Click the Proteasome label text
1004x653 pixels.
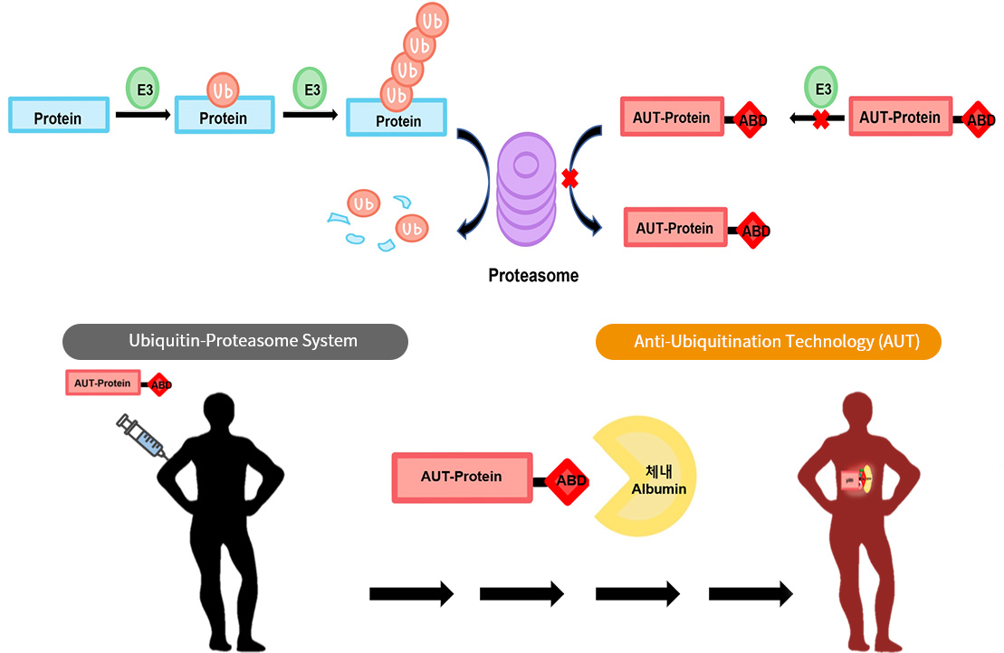pyautogui.click(x=533, y=275)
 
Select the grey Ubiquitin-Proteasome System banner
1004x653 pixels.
pyautogui.click(x=235, y=341)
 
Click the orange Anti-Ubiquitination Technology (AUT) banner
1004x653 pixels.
pyautogui.click(x=768, y=341)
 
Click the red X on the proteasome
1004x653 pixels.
pyautogui.click(x=569, y=179)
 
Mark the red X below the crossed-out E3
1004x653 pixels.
pyautogui.click(x=820, y=118)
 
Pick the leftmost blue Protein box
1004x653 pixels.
pyautogui.click(x=59, y=116)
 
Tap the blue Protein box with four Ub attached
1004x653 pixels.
pyautogui.click(x=397, y=118)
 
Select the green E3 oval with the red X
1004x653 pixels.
pyautogui.click(x=822, y=89)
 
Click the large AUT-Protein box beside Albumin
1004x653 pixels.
pyautogui.click(x=462, y=477)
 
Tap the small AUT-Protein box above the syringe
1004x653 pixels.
pyautogui.click(x=102, y=383)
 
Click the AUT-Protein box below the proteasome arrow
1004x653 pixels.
pyautogui.click(x=675, y=228)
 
